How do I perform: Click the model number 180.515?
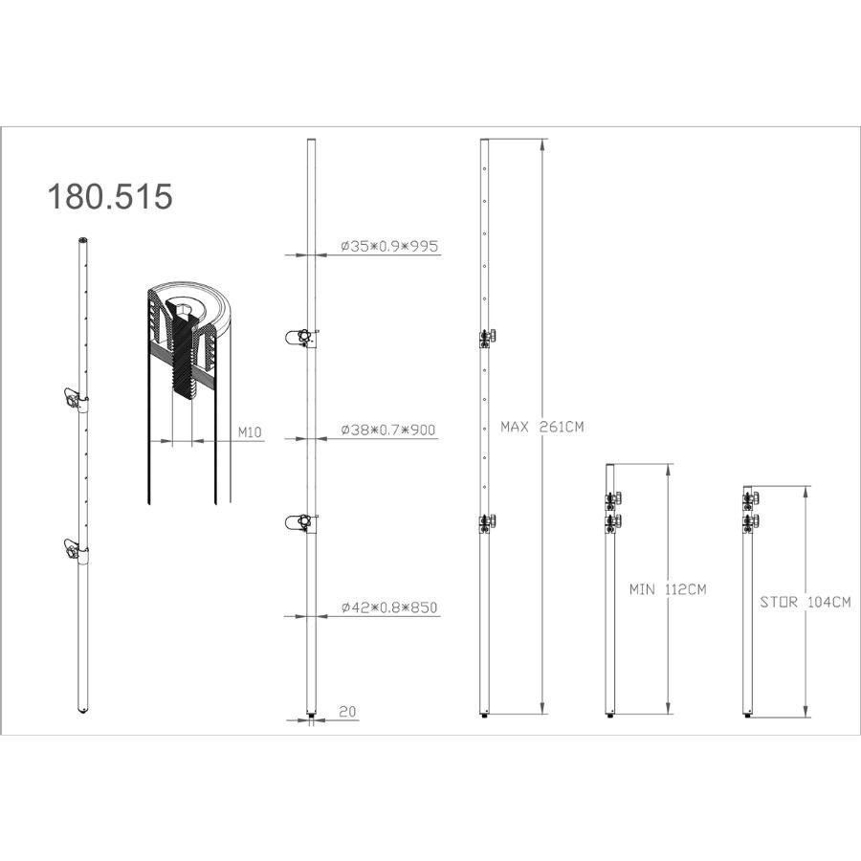point(110,196)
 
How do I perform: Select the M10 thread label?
point(250,432)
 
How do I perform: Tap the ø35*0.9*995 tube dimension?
point(389,246)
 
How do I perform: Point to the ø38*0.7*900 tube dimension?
point(388,430)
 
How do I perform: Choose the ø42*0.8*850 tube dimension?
point(389,607)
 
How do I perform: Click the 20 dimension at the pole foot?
point(347,711)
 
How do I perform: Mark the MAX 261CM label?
point(542,427)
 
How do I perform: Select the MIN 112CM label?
point(668,589)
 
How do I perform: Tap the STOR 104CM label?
point(806,602)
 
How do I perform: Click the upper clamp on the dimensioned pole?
point(302,338)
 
